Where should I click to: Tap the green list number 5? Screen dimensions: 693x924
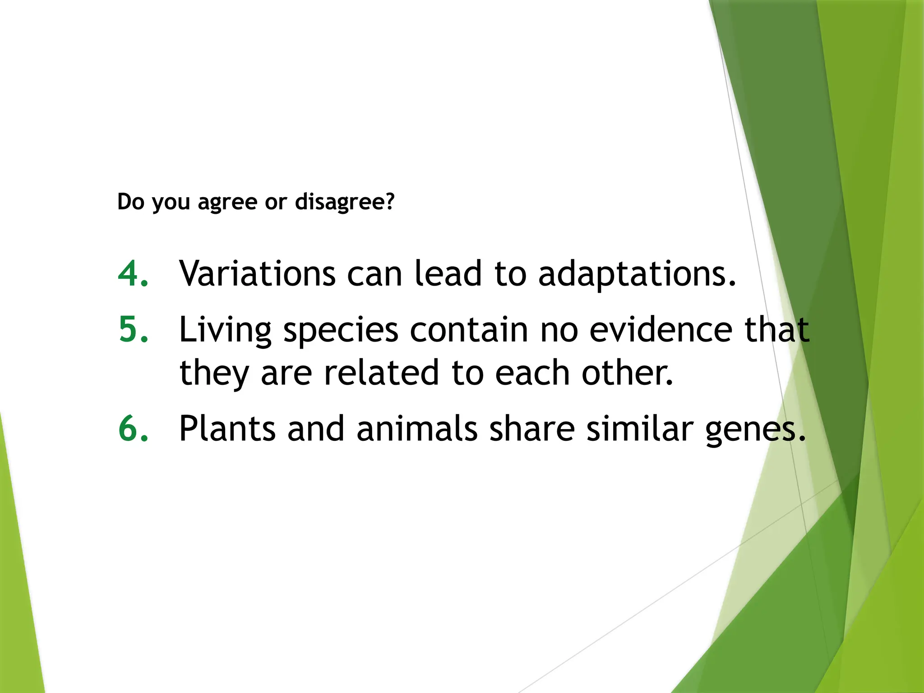[x=133, y=329]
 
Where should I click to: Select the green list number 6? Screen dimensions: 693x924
[x=133, y=428]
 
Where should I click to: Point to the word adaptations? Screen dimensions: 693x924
[x=637, y=274]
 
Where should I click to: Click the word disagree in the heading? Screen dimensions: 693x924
[x=345, y=202]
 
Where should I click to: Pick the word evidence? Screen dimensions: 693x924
[x=661, y=329]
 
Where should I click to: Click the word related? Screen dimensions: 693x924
[x=381, y=373]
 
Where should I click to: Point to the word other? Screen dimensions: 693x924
[x=627, y=373]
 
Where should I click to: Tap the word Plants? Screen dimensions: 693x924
[x=227, y=428]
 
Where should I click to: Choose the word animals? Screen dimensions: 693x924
[x=417, y=428]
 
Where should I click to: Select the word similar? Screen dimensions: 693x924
[x=639, y=428]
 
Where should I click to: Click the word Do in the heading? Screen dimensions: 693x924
[x=131, y=201]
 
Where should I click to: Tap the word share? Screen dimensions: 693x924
[x=532, y=428]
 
